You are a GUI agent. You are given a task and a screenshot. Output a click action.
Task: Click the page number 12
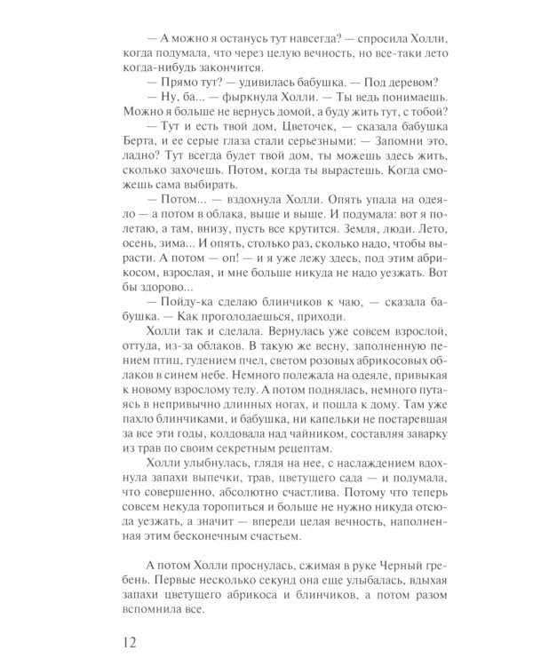point(131,637)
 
